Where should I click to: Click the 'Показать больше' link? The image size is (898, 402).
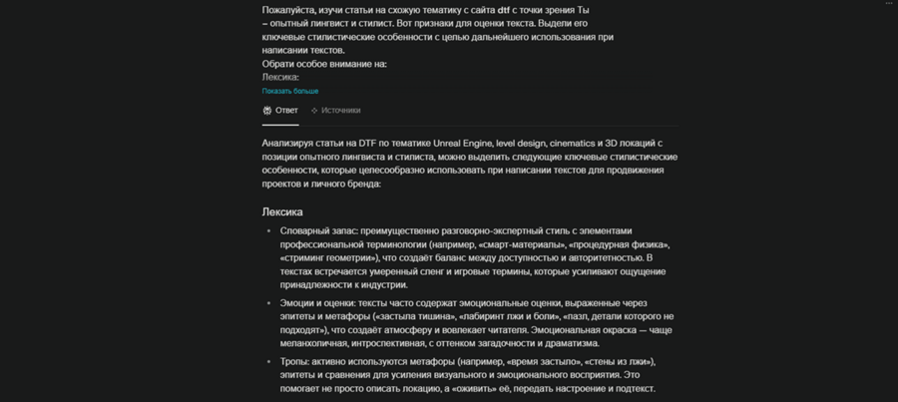tap(290, 91)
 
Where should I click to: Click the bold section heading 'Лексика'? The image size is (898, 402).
tap(282, 212)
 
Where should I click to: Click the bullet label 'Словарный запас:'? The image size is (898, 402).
tap(316, 230)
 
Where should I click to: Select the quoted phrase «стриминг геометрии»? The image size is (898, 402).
tap(324, 258)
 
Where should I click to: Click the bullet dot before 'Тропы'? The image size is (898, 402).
tap(268, 360)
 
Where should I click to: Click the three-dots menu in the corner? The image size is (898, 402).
tap(888, 4)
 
